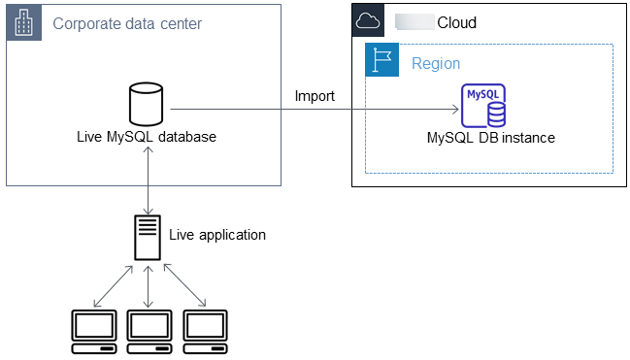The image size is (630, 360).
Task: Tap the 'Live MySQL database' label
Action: [x=146, y=138]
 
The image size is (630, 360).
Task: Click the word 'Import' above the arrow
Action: [x=315, y=96]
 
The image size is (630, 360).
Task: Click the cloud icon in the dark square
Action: [x=366, y=21]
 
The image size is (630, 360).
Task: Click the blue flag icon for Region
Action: [x=381, y=60]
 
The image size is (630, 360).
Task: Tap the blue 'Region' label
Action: [x=436, y=64]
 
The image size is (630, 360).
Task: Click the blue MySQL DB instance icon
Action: [x=485, y=106]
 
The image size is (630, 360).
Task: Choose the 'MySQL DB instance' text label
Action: [x=490, y=138]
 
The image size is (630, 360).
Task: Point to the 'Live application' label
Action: [x=216, y=235]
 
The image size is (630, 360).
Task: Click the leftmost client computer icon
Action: [x=94, y=330]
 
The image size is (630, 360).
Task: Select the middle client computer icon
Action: [x=149, y=330]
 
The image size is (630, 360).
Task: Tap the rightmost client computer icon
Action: [x=205, y=330]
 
